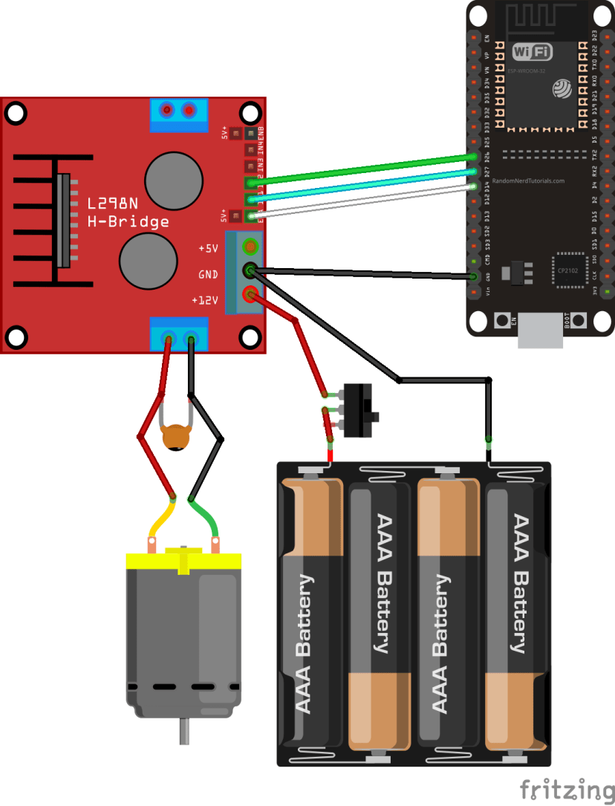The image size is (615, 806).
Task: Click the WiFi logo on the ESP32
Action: coord(533,51)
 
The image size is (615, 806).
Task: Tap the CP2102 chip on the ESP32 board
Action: coord(567,273)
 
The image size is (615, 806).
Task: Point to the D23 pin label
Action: coord(594,36)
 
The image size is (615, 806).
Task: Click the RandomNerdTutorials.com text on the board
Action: coord(533,181)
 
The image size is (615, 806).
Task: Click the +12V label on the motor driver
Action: coord(205,300)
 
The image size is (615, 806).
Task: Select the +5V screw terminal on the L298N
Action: coord(250,246)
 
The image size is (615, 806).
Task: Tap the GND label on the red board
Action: coord(208,274)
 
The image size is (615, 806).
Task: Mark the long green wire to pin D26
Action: coord(364,169)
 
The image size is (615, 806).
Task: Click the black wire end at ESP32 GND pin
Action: coord(472,277)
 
